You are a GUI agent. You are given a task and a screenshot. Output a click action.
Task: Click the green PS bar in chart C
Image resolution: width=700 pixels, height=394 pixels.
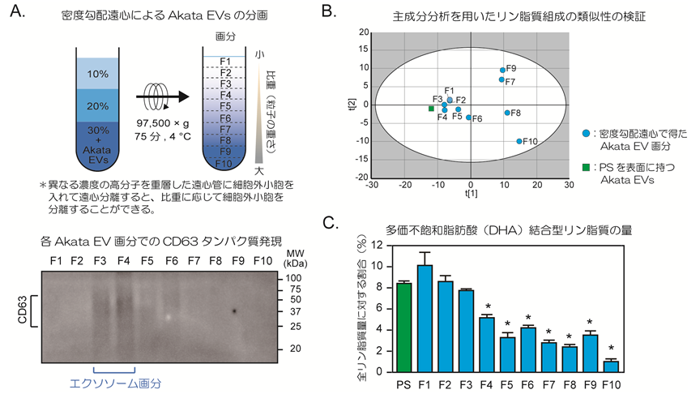tap(403, 327)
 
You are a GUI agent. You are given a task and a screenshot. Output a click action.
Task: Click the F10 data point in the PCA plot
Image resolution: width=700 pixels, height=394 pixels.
tap(519, 141)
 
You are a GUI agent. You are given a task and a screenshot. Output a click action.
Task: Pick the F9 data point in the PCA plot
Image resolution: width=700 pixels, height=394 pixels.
tap(502, 70)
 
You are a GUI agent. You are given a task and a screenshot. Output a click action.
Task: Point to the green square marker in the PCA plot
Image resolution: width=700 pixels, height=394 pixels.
tap(431, 108)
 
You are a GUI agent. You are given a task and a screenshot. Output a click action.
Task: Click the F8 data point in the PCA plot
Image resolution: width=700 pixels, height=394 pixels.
tap(507, 113)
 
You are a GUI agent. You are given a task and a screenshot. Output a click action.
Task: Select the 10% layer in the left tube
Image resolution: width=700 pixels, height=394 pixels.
tap(97, 74)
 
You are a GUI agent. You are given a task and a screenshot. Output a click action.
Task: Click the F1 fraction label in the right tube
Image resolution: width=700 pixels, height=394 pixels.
tap(226, 61)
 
